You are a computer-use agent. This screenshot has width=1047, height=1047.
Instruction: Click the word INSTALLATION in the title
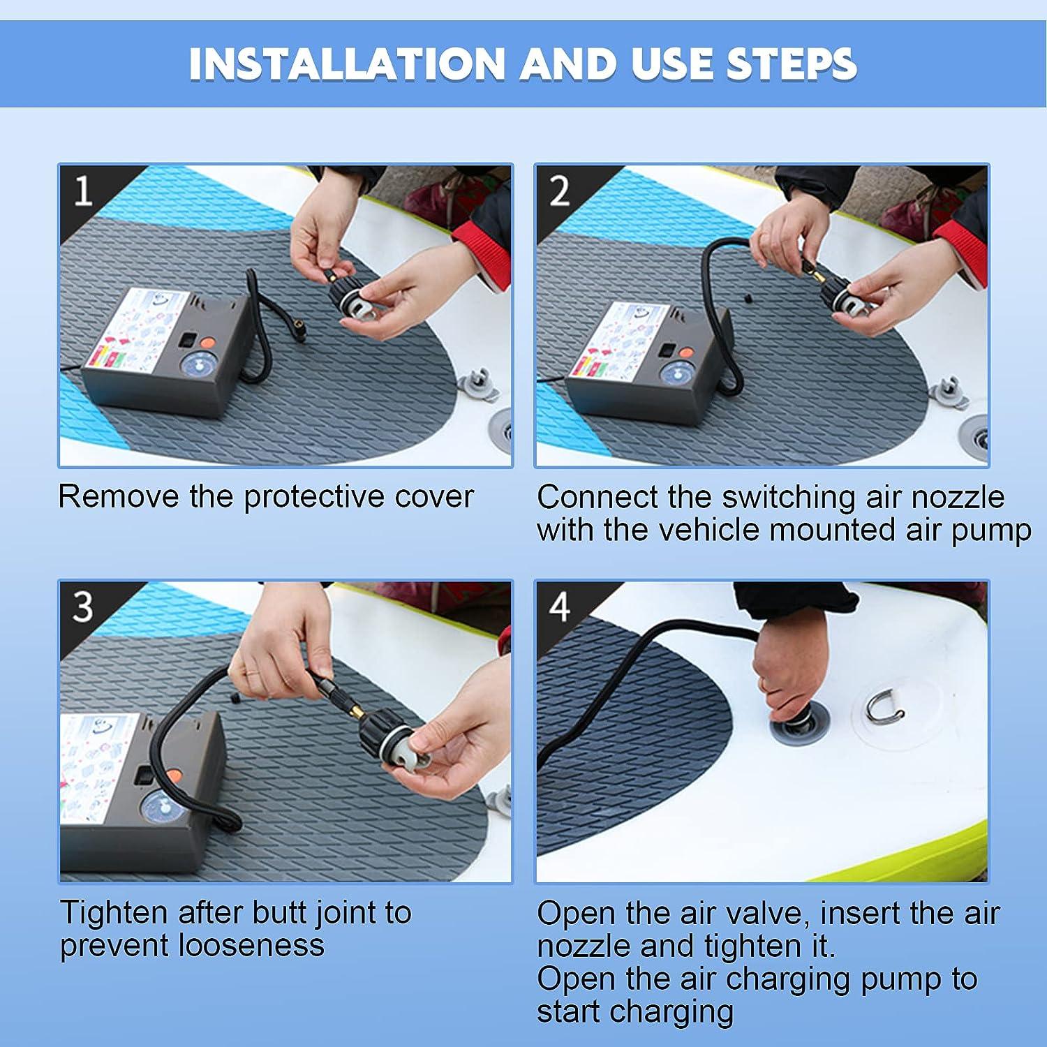[346, 64]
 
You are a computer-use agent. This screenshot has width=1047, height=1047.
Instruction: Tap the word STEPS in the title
[792, 64]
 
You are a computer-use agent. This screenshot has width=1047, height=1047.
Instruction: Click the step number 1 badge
[83, 191]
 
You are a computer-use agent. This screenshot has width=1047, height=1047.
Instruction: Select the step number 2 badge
[560, 191]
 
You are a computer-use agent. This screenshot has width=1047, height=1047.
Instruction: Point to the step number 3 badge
[83, 607]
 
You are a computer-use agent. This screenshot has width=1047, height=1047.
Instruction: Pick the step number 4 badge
[560, 607]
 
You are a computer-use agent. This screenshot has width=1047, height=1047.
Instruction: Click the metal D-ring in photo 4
[884, 707]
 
